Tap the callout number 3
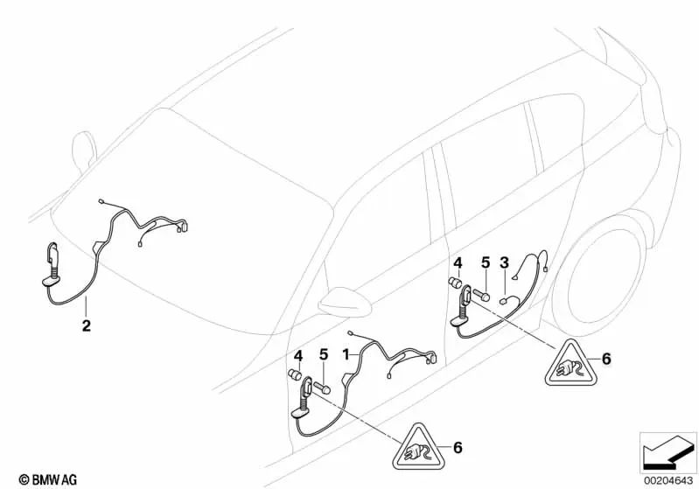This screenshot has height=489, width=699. (x=504, y=262)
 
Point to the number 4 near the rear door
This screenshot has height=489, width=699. (x=456, y=262)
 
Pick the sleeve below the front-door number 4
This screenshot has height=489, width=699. (x=295, y=376)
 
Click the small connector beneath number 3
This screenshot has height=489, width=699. (x=505, y=299)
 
